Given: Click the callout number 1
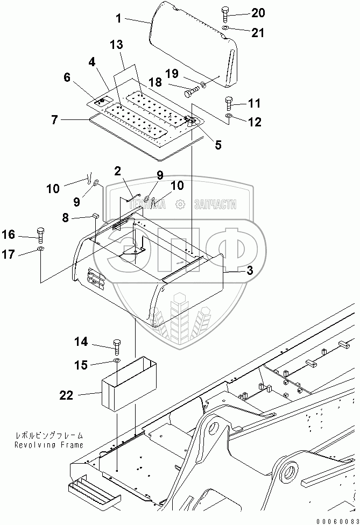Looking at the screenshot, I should pos(118,20).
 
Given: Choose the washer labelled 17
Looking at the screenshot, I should pos(41,250).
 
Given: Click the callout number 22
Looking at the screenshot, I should pos(67,396).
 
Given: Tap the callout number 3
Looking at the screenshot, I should pos(249,272).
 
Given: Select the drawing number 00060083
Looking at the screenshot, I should pos(335,520).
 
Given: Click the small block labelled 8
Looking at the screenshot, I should pos(95,216).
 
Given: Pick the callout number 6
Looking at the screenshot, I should pos(67,77).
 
